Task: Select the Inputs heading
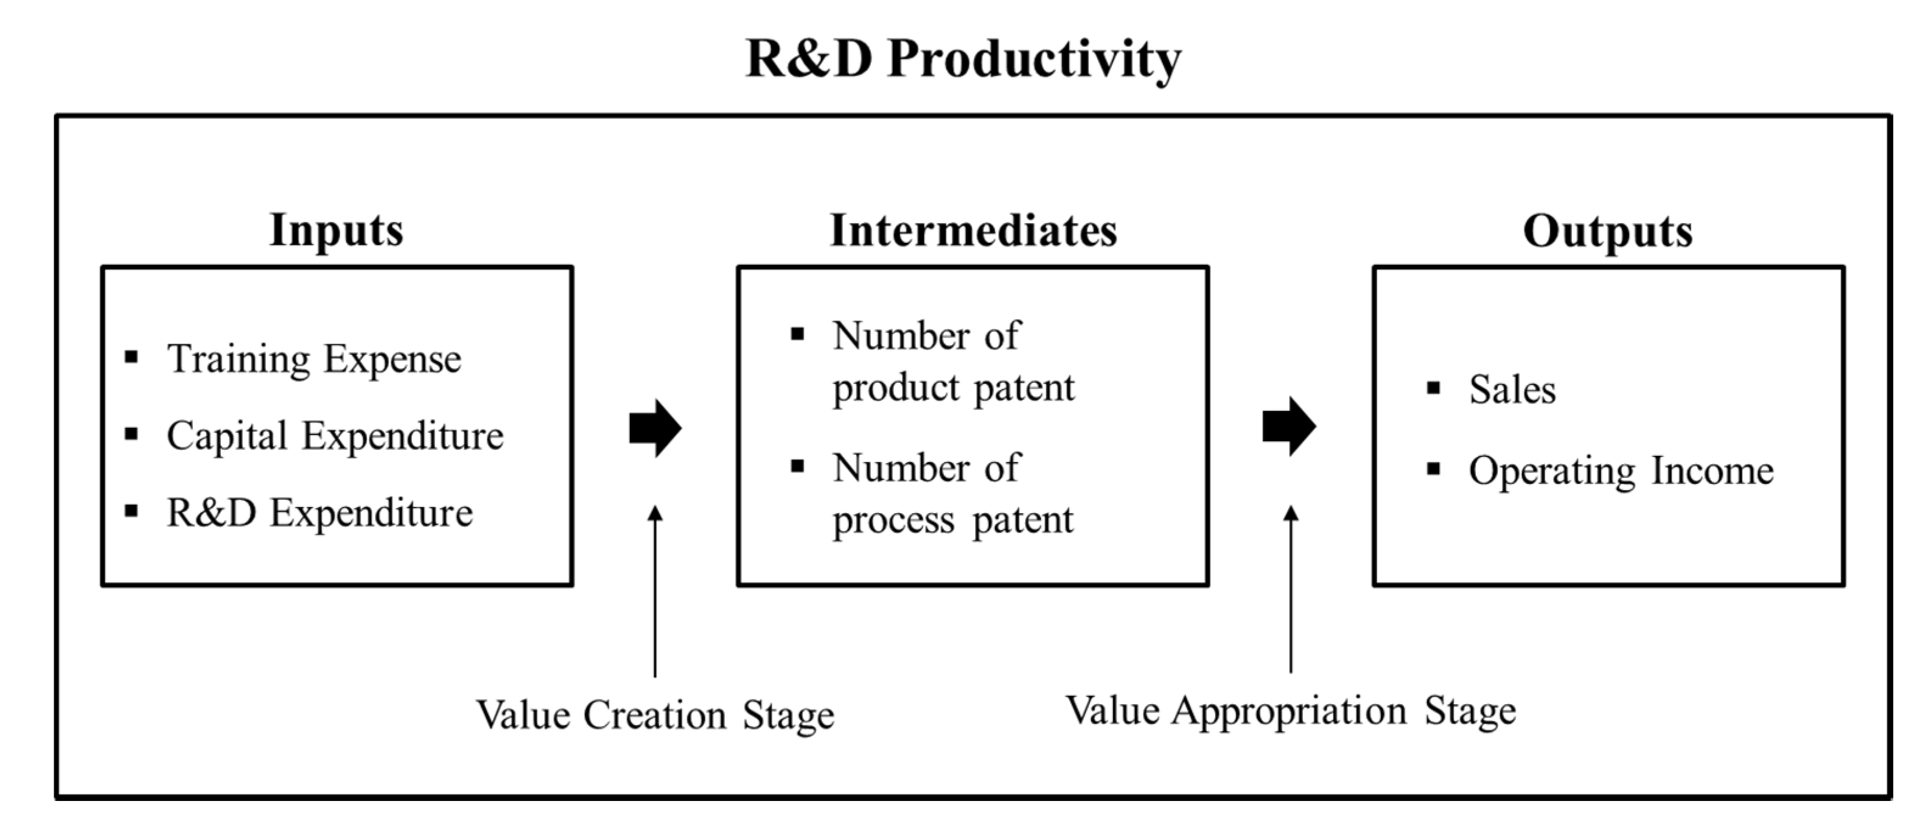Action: coord(337,230)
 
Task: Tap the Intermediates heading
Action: coord(973,230)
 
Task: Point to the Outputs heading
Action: coord(1607,231)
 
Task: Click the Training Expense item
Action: coord(314,360)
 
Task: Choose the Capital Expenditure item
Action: coord(335,436)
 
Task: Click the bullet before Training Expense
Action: coord(131,357)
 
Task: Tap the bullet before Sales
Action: coord(1433,388)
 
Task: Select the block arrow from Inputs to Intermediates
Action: coord(655,428)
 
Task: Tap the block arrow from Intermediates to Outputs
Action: coord(1289,427)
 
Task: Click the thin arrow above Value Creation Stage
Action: coord(655,592)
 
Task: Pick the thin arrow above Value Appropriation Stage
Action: coord(1291,589)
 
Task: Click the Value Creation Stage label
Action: coord(655,716)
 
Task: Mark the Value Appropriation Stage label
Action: coord(1291,711)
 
